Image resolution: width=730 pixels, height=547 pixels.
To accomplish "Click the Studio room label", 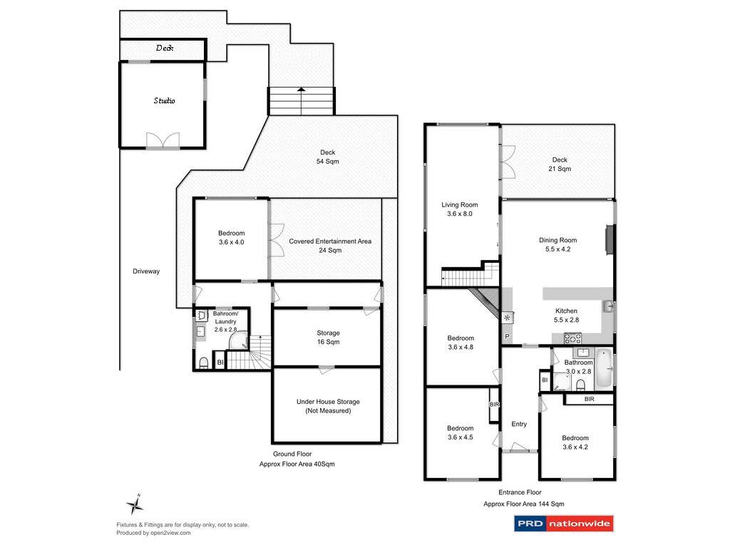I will pyautogui.click(x=164, y=100).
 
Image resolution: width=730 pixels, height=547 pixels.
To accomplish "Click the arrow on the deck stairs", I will pyautogui.click(x=301, y=90).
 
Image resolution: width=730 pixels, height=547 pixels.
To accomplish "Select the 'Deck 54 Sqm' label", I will pyautogui.click(x=327, y=157).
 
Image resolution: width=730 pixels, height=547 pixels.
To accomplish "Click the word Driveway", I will pyautogui.click(x=146, y=271).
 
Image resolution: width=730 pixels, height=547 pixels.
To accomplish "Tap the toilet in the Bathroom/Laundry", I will pyautogui.click(x=204, y=363).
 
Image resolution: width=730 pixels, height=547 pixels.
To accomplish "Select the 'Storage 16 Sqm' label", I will pyautogui.click(x=328, y=337).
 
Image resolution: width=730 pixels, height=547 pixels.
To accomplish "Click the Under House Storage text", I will pyautogui.click(x=328, y=406).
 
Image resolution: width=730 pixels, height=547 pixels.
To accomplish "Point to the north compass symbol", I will pyautogui.click(x=135, y=505).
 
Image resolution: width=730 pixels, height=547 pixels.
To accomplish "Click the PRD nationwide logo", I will pyautogui.click(x=563, y=524).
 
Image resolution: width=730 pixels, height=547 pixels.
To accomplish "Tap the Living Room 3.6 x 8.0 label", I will pyautogui.click(x=459, y=209).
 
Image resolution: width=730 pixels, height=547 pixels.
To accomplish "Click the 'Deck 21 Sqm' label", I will pyautogui.click(x=560, y=165).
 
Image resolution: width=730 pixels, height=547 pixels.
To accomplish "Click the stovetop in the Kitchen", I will pyautogui.click(x=572, y=338).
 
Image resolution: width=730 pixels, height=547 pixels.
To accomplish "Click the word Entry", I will pyautogui.click(x=519, y=424).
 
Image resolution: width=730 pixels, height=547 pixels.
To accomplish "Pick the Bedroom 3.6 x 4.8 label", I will pyautogui.click(x=460, y=343).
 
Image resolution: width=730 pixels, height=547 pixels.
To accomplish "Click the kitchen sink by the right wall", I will pyautogui.click(x=607, y=306).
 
